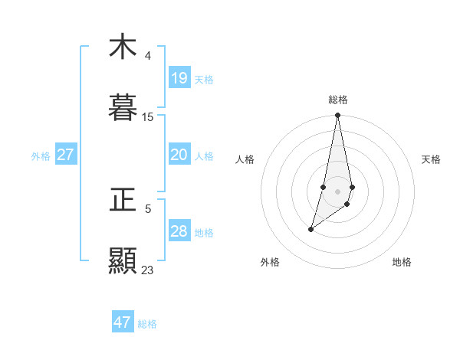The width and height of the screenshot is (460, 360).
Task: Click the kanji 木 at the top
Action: pos(123,47)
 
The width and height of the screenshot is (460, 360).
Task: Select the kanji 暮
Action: pos(123,108)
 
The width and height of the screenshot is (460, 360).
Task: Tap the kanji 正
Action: pos(123,200)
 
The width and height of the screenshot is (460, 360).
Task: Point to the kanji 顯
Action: pos(123,261)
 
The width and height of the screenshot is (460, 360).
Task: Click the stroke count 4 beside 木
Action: pos(148,56)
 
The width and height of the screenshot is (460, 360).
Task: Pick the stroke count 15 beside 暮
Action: pos(148,117)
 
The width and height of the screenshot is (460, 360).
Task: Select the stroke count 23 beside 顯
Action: pos(148,270)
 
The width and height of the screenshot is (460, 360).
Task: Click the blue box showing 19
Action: pos(179,78)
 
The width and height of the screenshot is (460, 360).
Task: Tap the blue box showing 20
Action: pos(179,155)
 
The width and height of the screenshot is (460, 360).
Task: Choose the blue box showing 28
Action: pos(179,231)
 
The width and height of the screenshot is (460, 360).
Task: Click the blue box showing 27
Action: pos(66,155)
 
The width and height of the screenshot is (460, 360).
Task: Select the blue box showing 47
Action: pos(123,322)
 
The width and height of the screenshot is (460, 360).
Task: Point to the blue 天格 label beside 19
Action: pos(204,79)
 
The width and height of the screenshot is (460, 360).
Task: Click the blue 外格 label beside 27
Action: pos(41,155)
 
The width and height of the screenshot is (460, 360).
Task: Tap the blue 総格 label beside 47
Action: pos(147,323)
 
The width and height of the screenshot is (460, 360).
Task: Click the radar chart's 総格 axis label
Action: pos(338,100)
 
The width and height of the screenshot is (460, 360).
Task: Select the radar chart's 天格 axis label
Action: pos(432,159)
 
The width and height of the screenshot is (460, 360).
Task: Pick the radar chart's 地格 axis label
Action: pos(402,262)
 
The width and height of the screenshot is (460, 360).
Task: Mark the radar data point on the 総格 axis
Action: pos(338,116)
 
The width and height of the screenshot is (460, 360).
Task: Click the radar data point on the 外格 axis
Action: pos(310,229)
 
